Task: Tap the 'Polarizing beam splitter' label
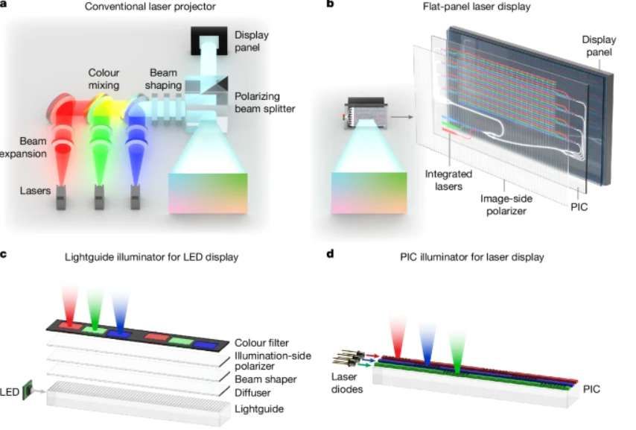pos(263,102)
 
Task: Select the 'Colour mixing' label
pos(104,79)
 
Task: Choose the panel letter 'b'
pos(331,4)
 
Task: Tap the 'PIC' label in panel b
pos(579,207)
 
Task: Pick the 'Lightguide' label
pos(260,409)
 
